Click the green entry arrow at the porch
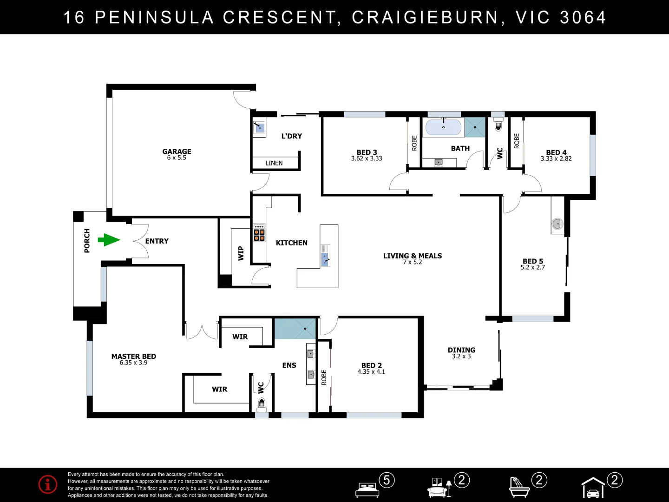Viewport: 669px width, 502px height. coord(109,240)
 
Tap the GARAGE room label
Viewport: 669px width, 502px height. coord(177,152)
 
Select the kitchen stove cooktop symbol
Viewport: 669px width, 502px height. coord(259,233)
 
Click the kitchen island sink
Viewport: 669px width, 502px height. coord(325,259)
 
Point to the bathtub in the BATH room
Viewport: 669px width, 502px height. coord(444,127)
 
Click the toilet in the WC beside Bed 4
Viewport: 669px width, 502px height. coord(498,125)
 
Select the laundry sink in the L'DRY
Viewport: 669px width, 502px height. coord(259,127)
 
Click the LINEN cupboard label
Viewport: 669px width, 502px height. coord(274,163)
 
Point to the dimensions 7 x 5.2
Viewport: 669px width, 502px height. coord(413,263)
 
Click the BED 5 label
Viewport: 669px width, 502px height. coord(533,261)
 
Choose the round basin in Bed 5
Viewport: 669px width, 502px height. coord(557,224)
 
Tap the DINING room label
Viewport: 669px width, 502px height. coord(461,350)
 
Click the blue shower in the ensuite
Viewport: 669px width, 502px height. coord(295,329)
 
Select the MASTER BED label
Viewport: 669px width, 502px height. coord(134,356)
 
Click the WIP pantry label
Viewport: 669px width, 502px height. coord(241,253)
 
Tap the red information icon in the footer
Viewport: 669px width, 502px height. coord(48,484)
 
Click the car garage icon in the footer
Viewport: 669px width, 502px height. coord(593,488)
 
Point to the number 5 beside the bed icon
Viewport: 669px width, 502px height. coord(387,480)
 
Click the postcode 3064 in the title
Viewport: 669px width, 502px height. coord(583,17)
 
